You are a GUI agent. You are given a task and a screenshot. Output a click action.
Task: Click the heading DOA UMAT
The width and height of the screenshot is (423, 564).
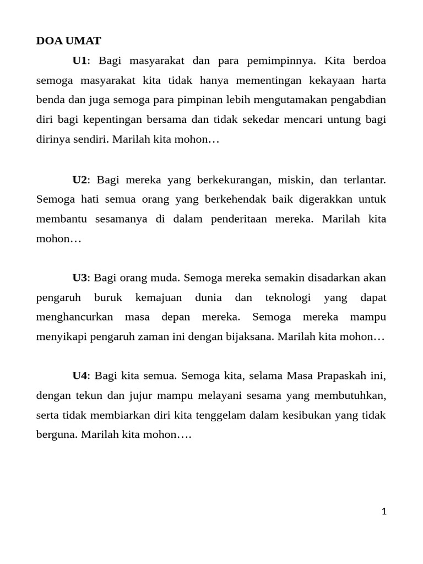tap(69, 41)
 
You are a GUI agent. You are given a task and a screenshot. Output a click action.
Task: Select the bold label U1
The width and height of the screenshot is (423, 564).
tap(79, 61)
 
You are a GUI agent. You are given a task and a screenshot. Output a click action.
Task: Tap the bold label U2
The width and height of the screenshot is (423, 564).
tap(80, 180)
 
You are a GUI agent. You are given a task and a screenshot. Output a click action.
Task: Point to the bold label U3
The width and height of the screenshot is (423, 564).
tap(80, 278)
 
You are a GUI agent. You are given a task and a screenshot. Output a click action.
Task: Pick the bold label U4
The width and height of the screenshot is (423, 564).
tap(80, 376)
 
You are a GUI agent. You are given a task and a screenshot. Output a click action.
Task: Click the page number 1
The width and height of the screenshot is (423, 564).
tap(384, 512)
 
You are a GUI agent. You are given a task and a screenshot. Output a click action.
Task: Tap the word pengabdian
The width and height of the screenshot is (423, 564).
tap(358, 100)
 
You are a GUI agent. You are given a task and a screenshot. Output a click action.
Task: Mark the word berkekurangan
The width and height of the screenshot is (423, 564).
tap(233, 180)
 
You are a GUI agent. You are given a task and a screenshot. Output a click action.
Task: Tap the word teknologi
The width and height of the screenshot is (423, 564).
tap(288, 298)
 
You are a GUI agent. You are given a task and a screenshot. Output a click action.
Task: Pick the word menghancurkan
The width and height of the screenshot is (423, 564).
tap(75, 317)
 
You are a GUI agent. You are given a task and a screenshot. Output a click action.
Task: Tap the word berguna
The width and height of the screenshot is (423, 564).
tap(57, 435)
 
